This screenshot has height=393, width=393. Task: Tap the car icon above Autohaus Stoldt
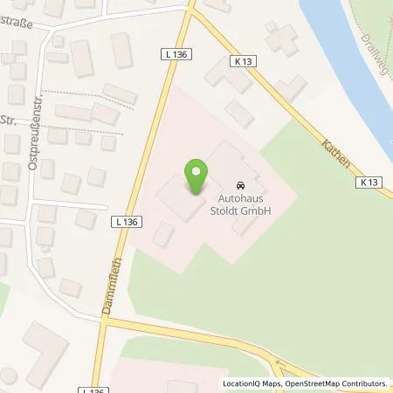238,185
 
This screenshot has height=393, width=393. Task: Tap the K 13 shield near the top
245,61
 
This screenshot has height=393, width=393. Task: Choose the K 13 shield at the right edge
368,183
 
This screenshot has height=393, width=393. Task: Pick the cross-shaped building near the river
282,38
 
